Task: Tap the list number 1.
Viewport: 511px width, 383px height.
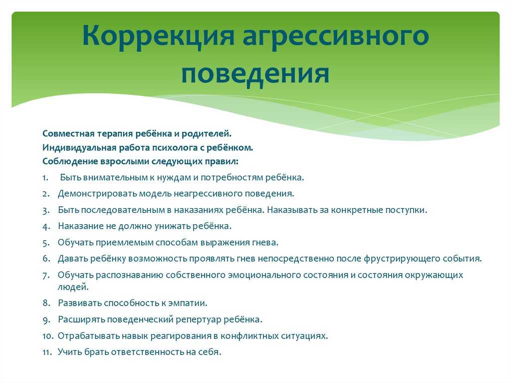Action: [x=45, y=178]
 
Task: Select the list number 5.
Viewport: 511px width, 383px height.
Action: [x=46, y=243]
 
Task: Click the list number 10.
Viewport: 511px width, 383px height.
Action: [x=47, y=336]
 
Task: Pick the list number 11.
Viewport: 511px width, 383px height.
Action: [x=47, y=353]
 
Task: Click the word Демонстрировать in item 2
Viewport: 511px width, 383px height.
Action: [x=97, y=194]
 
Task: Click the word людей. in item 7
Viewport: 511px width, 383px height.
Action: [x=73, y=287]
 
